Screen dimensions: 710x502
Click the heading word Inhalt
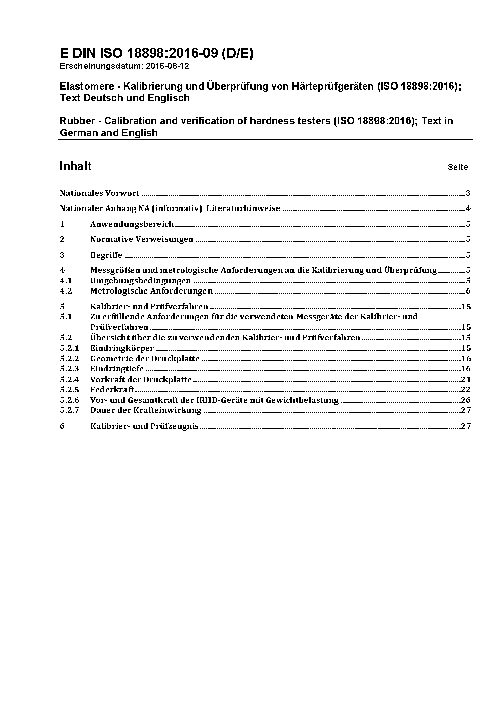[x=75, y=166]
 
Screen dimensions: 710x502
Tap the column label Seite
[x=457, y=167]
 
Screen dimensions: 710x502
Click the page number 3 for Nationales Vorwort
[x=468, y=193]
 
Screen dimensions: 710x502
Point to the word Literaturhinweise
[x=243, y=208]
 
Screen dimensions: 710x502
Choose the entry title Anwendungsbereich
[x=132, y=224]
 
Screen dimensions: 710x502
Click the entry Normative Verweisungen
[x=142, y=239]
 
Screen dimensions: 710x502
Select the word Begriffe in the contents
[x=106, y=255]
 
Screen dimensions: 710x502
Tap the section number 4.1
[x=66, y=280]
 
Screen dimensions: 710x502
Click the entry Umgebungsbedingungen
[x=140, y=280]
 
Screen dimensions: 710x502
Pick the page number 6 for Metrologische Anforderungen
[x=468, y=291]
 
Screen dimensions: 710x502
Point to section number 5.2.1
[x=69, y=348]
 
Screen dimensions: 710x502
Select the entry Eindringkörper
[x=122, y=348]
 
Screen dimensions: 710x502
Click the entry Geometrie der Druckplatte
[x=145, y=359]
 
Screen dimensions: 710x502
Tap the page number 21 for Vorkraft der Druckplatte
[x=466, y=380]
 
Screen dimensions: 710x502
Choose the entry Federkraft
[x=112, y=390]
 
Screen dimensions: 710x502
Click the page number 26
[x=466, y=400]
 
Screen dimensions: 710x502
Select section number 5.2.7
[x=69, y=410]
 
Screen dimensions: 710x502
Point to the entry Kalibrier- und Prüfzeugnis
[x=144, y=426]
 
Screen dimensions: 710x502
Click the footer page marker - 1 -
[x=463, y=675]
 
